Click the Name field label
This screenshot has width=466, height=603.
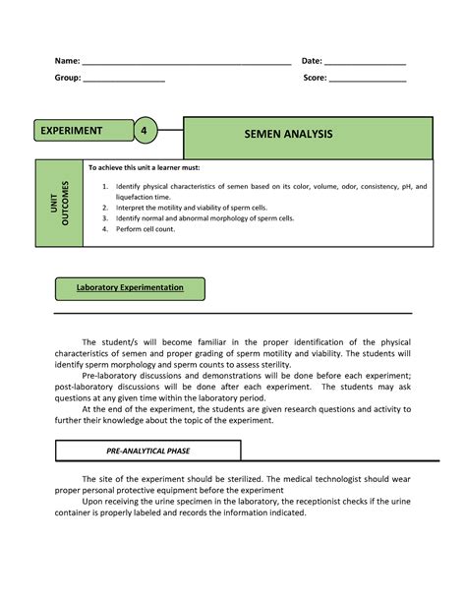(67, 62)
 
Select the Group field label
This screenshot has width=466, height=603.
(68, 78)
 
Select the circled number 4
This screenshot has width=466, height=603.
(144, 131)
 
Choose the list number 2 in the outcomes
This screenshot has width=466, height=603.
(105, 208)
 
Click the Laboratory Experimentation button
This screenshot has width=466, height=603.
(131, 288)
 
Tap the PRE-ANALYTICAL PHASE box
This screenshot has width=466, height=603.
(147, 451)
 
